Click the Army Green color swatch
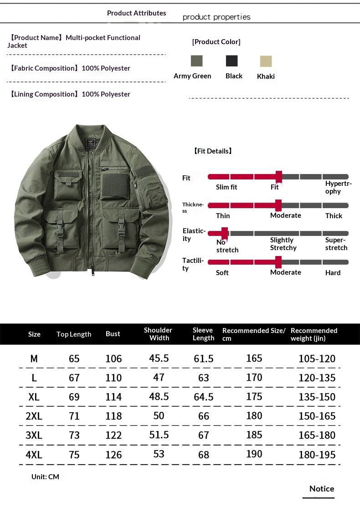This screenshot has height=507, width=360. [196, 61]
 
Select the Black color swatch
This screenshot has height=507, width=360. [231, 61]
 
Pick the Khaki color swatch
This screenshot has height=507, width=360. [266, 61]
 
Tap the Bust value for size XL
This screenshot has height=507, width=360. [113, 397]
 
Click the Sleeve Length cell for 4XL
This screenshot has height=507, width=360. [204, 455]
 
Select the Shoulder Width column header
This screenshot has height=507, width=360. [158, 334]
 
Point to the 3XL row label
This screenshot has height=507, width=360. [34, 435]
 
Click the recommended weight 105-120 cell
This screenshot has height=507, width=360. [317, 358]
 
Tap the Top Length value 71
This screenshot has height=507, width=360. [74, 416]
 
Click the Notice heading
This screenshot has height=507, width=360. [322, 489]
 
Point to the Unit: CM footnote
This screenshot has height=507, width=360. [45, 476]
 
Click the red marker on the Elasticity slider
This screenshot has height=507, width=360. [224, 233]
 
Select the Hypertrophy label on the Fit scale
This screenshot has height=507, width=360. [339, 187]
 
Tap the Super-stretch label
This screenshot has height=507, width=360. [336, 244]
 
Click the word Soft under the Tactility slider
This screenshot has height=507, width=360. [222, 272]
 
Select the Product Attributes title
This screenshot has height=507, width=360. [136, 13]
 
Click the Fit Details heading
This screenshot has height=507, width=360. [213, 151]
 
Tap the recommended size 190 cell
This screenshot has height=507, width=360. [254, 454]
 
